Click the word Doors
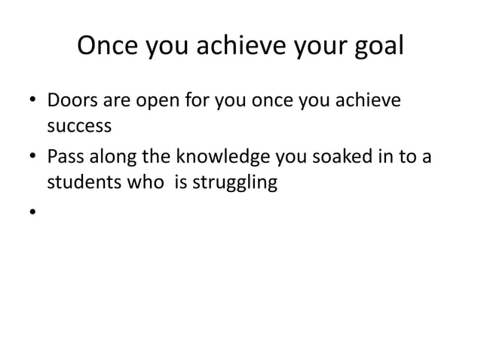point(70,100)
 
